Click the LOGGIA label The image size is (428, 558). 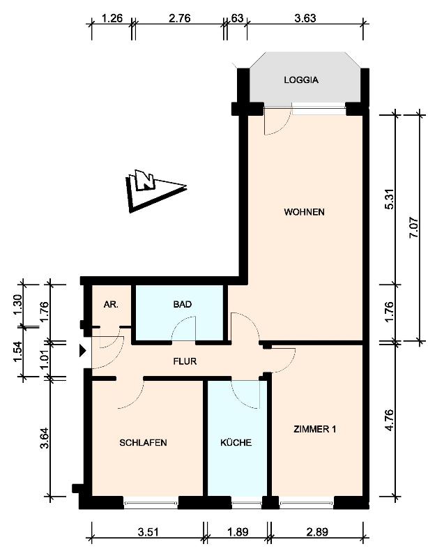pyautogui.click(x=301, y=80)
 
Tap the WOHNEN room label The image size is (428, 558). pyautogui.click(x=304, y=212)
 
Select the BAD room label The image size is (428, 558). pyautogui.click(x=183, y=305)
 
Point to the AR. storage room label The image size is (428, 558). pyautogui.click(x=111, y=305)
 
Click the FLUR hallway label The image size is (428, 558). pyautogui.click(x=185, y=361)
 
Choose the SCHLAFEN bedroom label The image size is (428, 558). pyautogui.click(x=143, y=443)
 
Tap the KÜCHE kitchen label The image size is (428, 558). pyautogui.click(x=236, y=443)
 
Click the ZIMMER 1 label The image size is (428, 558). pyautogui.click(x=315, y=429)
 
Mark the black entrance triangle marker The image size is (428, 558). pyautogui.click(x=82, y=351)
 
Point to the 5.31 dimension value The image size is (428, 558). pyautogui.click(x=390, y=202)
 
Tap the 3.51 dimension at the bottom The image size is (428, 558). pyautogui.click(x=148, y=532)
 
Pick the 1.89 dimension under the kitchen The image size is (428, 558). pyautogui.click(x=238, y=532)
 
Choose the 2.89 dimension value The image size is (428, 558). pyautogui.click(x=317, y=532)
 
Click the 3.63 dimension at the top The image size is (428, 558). pyautogui.click(x=305, y=18)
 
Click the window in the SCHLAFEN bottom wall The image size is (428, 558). pyautogui.click(x=151, y=503)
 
